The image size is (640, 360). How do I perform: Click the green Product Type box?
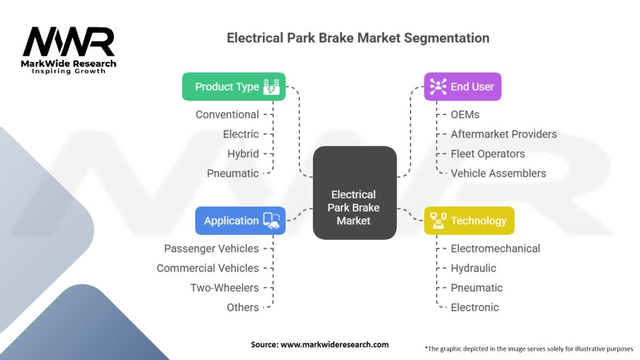[x=234, y=87]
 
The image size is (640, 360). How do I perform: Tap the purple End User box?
[x=462, y=87]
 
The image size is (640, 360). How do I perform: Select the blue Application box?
[x=240, y=221]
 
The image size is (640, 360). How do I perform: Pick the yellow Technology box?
[x=469, y=221]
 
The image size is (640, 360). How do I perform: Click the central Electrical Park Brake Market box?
[x=354, y=207]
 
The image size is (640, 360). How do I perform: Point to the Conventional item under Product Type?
[x=227, y=114]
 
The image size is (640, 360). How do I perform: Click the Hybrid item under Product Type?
[x=243, y=154]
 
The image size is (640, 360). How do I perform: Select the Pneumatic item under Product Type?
[x=232, y=173]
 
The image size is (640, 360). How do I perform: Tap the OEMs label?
[x=466, y=114]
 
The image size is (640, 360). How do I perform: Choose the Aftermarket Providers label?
[x=504, y=134]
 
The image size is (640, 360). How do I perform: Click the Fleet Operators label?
[x=487, y=154]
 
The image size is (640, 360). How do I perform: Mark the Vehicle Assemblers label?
[x=498, y=173]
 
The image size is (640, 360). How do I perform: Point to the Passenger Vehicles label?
[x=211, y=248]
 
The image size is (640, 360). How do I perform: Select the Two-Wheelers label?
[x=224, y=287]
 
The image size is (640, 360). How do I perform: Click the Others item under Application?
[x=242, y=307]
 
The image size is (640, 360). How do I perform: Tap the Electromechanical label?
[x=495, y=248]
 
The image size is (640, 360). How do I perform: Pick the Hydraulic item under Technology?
[x=473, y=268]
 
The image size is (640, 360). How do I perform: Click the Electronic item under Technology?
[x=474, y=307]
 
